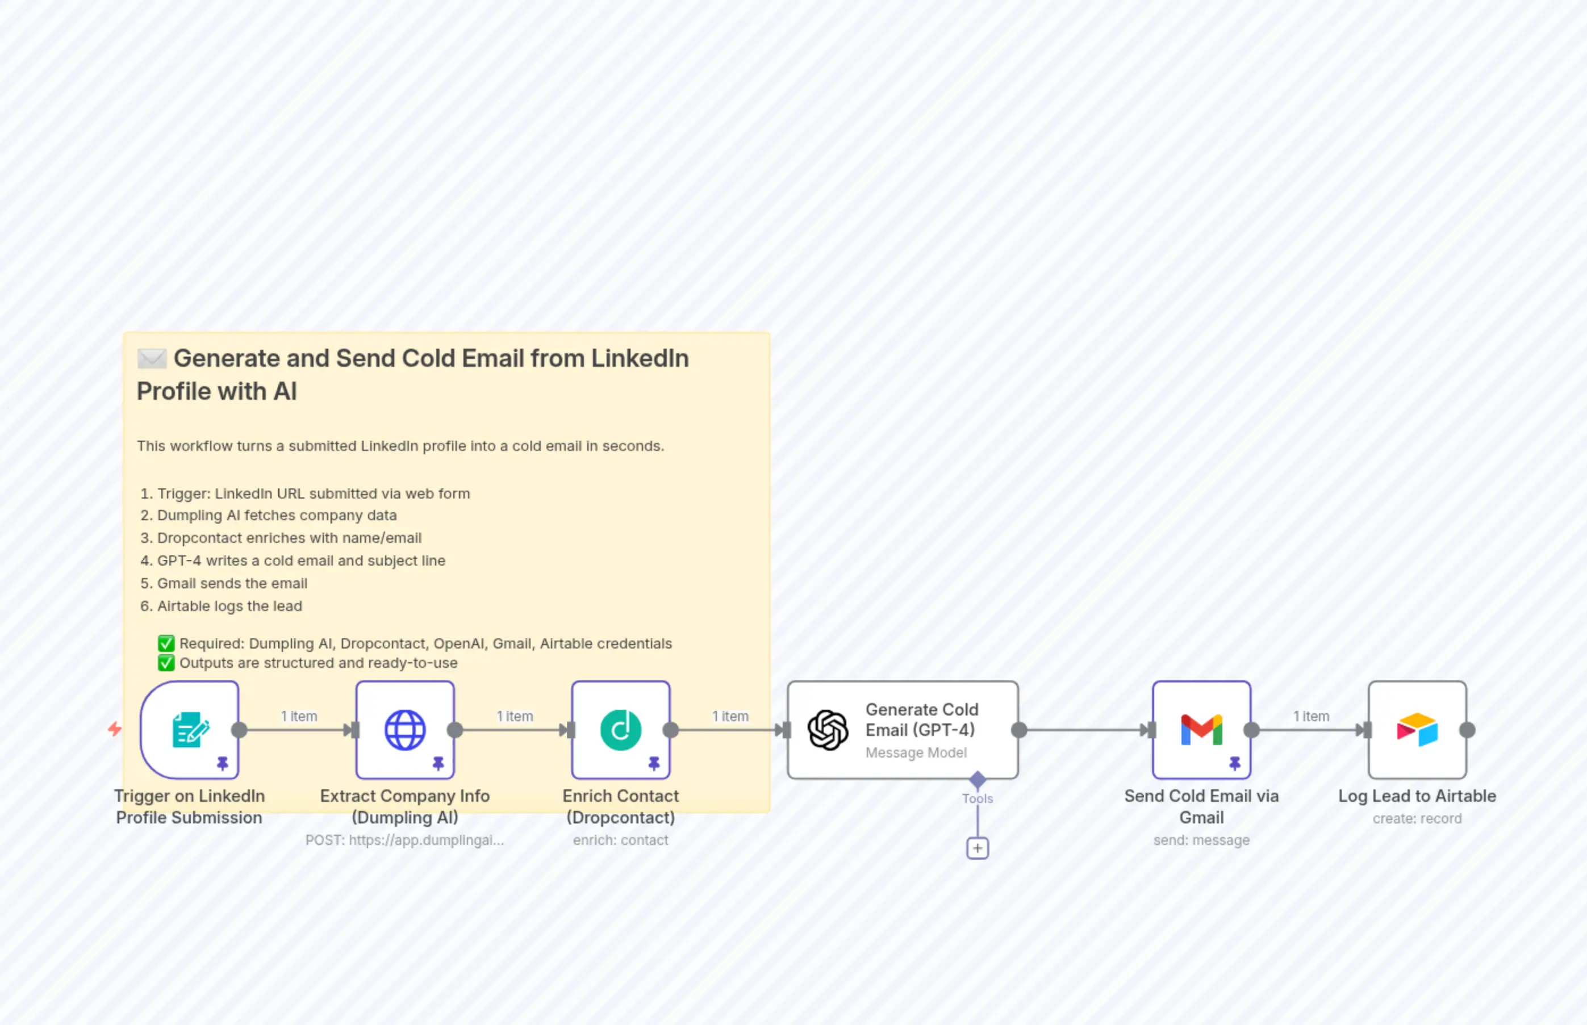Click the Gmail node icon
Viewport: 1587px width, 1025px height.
(1201, 730)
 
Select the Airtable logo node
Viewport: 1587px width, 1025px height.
(1417, 730)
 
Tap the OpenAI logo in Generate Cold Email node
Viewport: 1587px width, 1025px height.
(828, 730)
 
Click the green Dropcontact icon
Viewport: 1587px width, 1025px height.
(620, 730)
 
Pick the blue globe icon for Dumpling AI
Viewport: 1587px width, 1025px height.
(405, 730)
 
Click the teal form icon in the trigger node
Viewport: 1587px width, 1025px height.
(190, 730)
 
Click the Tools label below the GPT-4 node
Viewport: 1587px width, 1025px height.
(976, 798)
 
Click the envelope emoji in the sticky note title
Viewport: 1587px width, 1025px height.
(152, 359)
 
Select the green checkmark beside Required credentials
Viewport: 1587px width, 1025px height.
(166, 643)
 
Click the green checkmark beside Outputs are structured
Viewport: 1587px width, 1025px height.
(166, 663)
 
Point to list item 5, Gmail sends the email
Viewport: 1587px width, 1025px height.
(232, 583)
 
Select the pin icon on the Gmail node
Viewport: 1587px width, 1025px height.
(1234, 763)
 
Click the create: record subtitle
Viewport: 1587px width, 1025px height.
(1417, 819)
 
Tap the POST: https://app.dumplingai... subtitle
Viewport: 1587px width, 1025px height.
(405, 840)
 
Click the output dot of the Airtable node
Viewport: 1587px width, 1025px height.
(1467, 730)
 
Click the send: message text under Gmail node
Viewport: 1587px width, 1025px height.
(1201, 840)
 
